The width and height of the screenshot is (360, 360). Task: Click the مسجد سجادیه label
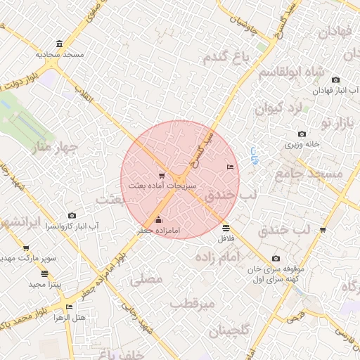tap(61, 54)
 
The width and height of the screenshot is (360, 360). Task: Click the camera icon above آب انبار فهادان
tap(335, 80)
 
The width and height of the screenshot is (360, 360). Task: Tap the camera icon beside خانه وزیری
tap(302, 134)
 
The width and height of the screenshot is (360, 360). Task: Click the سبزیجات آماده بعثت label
tap(162, 186)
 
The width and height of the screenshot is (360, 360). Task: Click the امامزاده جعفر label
tap(158, 230)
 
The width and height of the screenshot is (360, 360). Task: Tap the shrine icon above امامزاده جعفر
tap(157, 219)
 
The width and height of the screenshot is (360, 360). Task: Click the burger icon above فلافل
tap(225, 227)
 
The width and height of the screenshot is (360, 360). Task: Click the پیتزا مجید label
tap(46, 284)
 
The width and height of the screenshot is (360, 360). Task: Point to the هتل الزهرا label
tap(69, 317)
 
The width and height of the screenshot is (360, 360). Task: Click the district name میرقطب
tap(191, 304)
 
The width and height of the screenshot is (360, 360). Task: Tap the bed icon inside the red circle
tap(230, 167)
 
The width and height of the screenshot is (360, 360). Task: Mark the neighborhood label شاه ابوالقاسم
tap(290, 72)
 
